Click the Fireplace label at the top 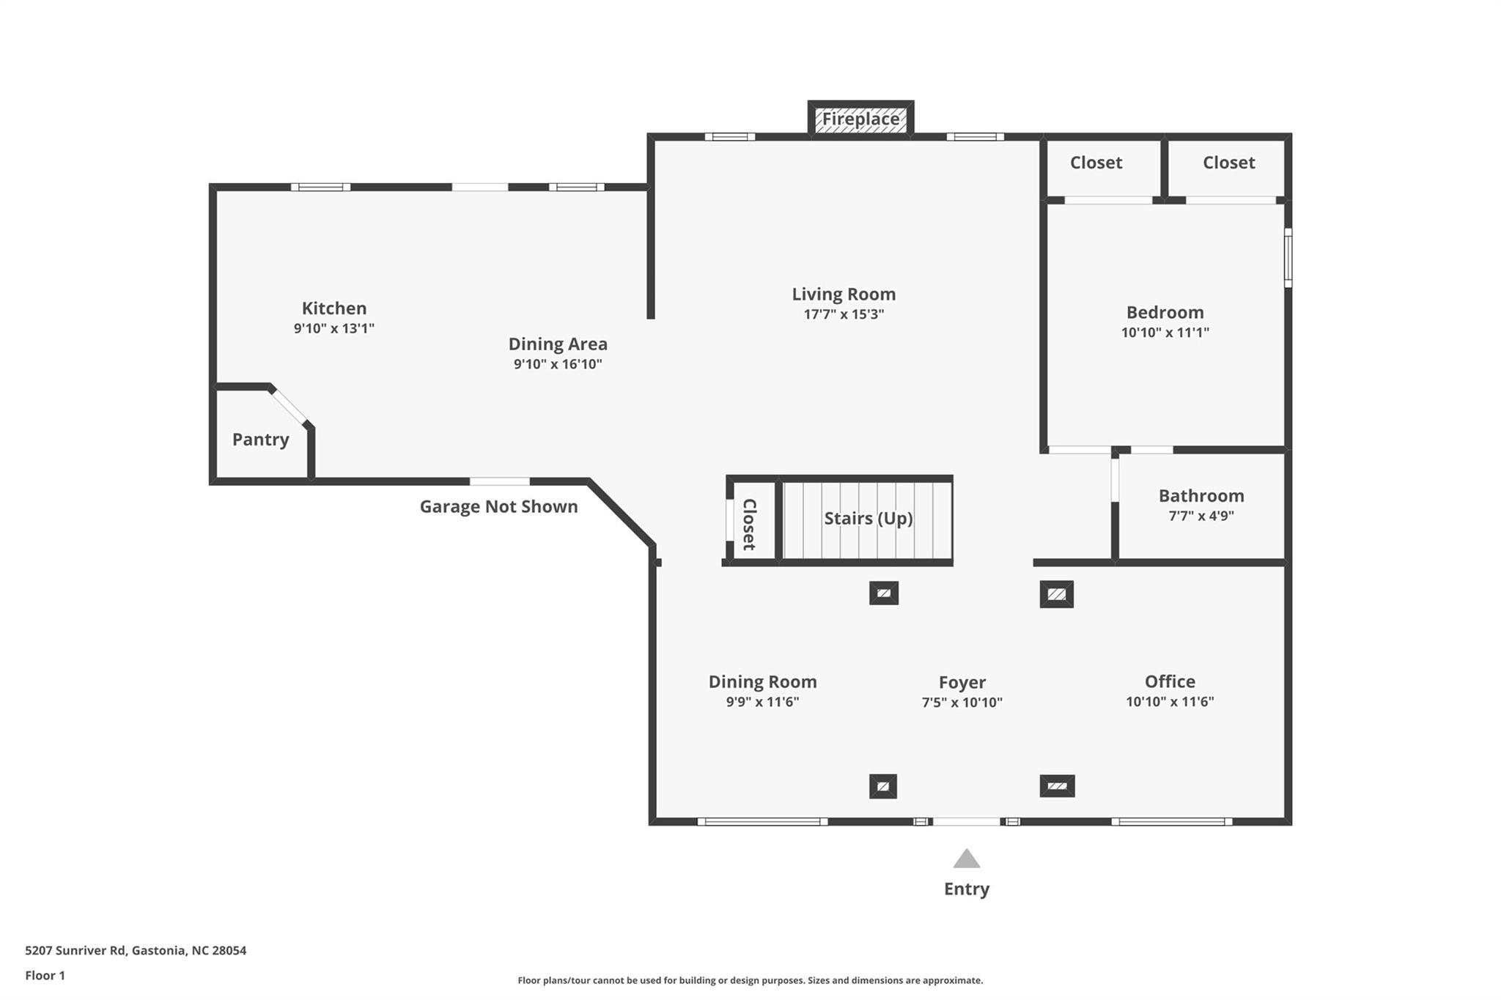pyautogui.click(x=860, y=119)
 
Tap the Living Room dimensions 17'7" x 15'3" pyautogui.click(x=844, y=314)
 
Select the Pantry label pyautogui.click(x=260, y=440)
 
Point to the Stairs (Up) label pyautogui.click(x=868, y=519)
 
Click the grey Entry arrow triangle pyautogui.click(x=967, y=859)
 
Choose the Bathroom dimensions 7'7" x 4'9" pyautogui.click(x=1201, y=516)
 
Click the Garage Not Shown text pyautogui.click(x=498, y=507)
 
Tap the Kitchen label pyautogui.click(x=334, y=308)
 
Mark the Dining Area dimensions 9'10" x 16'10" pyautogui.click(x=558, y=364)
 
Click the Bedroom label pyautogui.click(x=1165, y=313)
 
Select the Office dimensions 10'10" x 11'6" pyautogui.click(x=1170, y=702)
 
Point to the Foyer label pyautogui.click(x=962, y=683)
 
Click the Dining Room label pyautogui.click(x=762, y=682)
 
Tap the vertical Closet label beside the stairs pyautogui.click(x=749, y=524)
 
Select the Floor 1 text pyautogui.click(x=45, y=976)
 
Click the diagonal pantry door pyautogui.click(x=289, y=407)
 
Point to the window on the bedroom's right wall pyautogui.click(x=1288, y=258)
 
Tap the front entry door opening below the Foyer pyautogui.click(x=966, y=822)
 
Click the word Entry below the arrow pyautogui.click(x=967, y=889)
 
